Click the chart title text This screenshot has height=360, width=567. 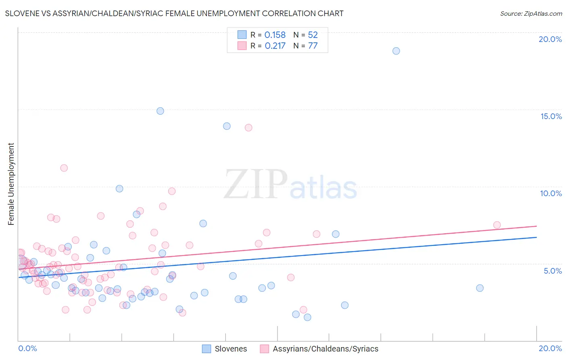(174, 13)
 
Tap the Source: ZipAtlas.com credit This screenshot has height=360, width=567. (531, 13)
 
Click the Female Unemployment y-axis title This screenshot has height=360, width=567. (11, 184)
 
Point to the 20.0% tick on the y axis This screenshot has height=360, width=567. (550, 39)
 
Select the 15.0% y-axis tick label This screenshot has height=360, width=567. (551, 116)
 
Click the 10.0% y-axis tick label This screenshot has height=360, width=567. (551, 193)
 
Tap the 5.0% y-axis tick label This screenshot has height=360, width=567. (552, 271)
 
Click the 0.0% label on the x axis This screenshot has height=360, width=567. (27, 348)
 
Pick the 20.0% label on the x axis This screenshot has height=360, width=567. (550, 348)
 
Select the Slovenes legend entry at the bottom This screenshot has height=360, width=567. (225, 349)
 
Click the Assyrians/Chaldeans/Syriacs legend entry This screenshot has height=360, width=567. (319, 349)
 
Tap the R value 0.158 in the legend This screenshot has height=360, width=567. (275, 35)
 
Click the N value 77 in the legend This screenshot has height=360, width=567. (313, 46)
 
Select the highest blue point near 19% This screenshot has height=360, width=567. (396, 51)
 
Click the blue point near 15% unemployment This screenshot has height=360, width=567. (160, 111)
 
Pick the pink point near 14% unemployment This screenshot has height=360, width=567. (248, 128)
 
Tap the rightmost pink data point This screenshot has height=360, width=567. (497, 225)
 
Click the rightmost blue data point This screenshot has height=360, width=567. (479, 288)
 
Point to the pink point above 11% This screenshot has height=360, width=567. (64, 168)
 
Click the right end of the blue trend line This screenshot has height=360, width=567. (536, 237)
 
